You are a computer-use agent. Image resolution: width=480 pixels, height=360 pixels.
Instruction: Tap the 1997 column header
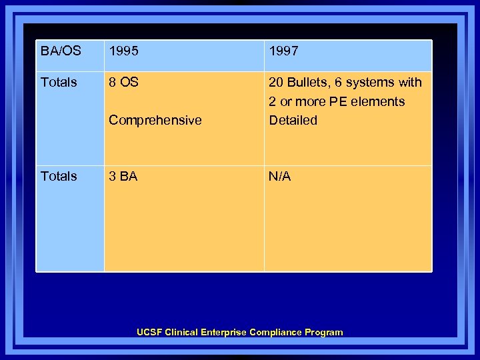tap(283, 51)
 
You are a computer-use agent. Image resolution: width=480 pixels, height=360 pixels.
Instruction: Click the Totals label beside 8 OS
tap(59, 83)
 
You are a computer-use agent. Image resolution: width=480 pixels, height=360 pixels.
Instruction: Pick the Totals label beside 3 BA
tap(59, 177)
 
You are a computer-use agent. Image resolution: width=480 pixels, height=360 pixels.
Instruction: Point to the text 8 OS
tap(123, 83)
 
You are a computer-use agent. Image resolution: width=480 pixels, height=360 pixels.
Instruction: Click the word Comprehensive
tap(155, 121)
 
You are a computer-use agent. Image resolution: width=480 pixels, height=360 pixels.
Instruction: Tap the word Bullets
tap(307, 83)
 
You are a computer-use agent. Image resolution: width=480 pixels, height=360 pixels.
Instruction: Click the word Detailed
tap(293, 121)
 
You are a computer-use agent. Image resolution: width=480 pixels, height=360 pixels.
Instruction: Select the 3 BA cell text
tap(123, 177)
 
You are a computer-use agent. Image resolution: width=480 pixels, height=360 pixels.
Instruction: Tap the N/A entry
tap(279, 177)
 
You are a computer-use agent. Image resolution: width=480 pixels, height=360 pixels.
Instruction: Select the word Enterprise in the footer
tap(223, 332)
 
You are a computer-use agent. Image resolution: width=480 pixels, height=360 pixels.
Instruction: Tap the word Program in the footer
tap(324, 332)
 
